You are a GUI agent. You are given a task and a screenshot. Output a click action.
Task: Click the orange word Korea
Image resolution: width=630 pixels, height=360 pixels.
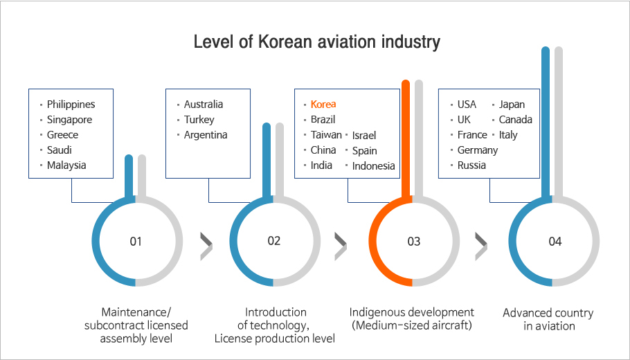click(323, 105)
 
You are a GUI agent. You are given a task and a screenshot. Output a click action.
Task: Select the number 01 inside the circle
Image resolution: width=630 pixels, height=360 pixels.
click(136, 242)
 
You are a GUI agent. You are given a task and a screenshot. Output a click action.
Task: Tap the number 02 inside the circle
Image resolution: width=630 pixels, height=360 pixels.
click(273, 241)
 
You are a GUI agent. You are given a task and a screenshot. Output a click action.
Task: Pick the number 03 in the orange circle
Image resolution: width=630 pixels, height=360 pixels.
click(413, 242)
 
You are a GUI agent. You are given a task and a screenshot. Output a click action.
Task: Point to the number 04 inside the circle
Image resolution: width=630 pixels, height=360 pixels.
click(555, 242)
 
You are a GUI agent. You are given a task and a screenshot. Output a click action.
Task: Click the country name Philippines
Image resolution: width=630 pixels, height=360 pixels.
click(71, 105)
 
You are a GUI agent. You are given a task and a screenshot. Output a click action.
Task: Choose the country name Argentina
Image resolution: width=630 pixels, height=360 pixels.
click(206, 135)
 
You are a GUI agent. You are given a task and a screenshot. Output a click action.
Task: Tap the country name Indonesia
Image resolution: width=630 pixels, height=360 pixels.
click(374, 166)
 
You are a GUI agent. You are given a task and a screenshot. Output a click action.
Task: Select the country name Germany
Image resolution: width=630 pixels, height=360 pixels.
click(478, 150)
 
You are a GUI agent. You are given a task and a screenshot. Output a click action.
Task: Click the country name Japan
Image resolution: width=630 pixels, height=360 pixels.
click(512, 105)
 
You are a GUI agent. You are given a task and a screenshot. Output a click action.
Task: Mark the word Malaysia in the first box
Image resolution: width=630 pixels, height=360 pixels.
click(66, 165)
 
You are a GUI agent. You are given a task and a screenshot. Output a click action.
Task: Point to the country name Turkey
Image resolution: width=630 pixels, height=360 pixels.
click(199, 120)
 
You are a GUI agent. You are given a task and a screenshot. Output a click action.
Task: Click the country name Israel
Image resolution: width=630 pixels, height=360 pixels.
click(364, 136)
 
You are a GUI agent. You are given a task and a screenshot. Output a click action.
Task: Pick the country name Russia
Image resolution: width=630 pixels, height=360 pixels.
click(471, 165)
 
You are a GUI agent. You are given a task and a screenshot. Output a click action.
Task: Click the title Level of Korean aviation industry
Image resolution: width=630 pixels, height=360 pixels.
click(317, 42)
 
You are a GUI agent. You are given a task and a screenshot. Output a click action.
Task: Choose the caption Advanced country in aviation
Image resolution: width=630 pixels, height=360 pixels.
click(548, 319)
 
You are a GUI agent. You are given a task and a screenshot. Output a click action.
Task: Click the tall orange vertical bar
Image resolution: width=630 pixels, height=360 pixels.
click(406, 139)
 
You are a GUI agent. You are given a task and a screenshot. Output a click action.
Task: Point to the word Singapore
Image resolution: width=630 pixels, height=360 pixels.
click(69, 120)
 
